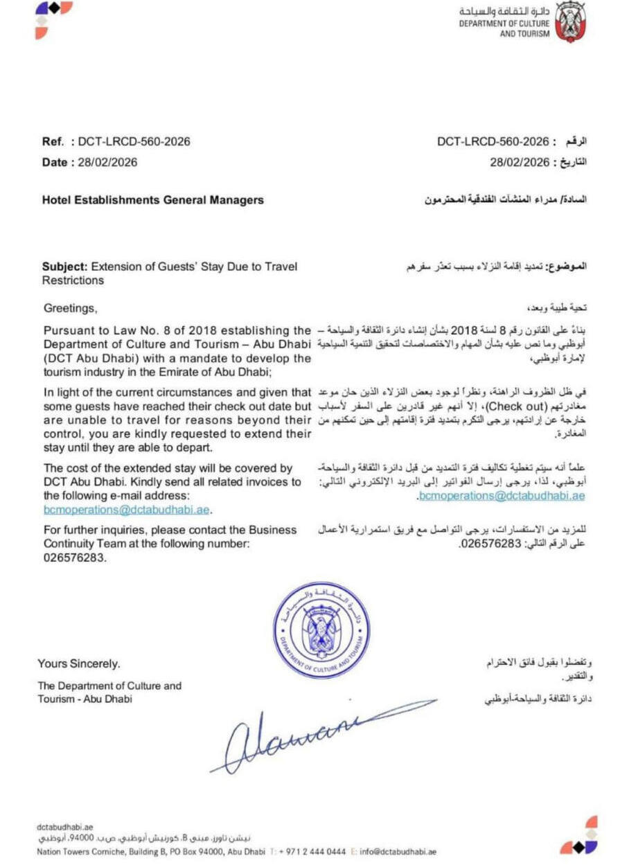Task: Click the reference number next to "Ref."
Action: click(134, 142)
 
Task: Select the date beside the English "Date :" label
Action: click(107, 163)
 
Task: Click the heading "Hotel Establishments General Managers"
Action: click(153, 200)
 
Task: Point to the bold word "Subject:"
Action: click(65, 266)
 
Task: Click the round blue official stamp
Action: click(321, 630)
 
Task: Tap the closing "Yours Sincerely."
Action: click(79, 664)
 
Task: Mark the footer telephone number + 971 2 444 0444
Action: click(312, 852)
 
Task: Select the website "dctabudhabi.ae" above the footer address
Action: click(64, 827)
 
